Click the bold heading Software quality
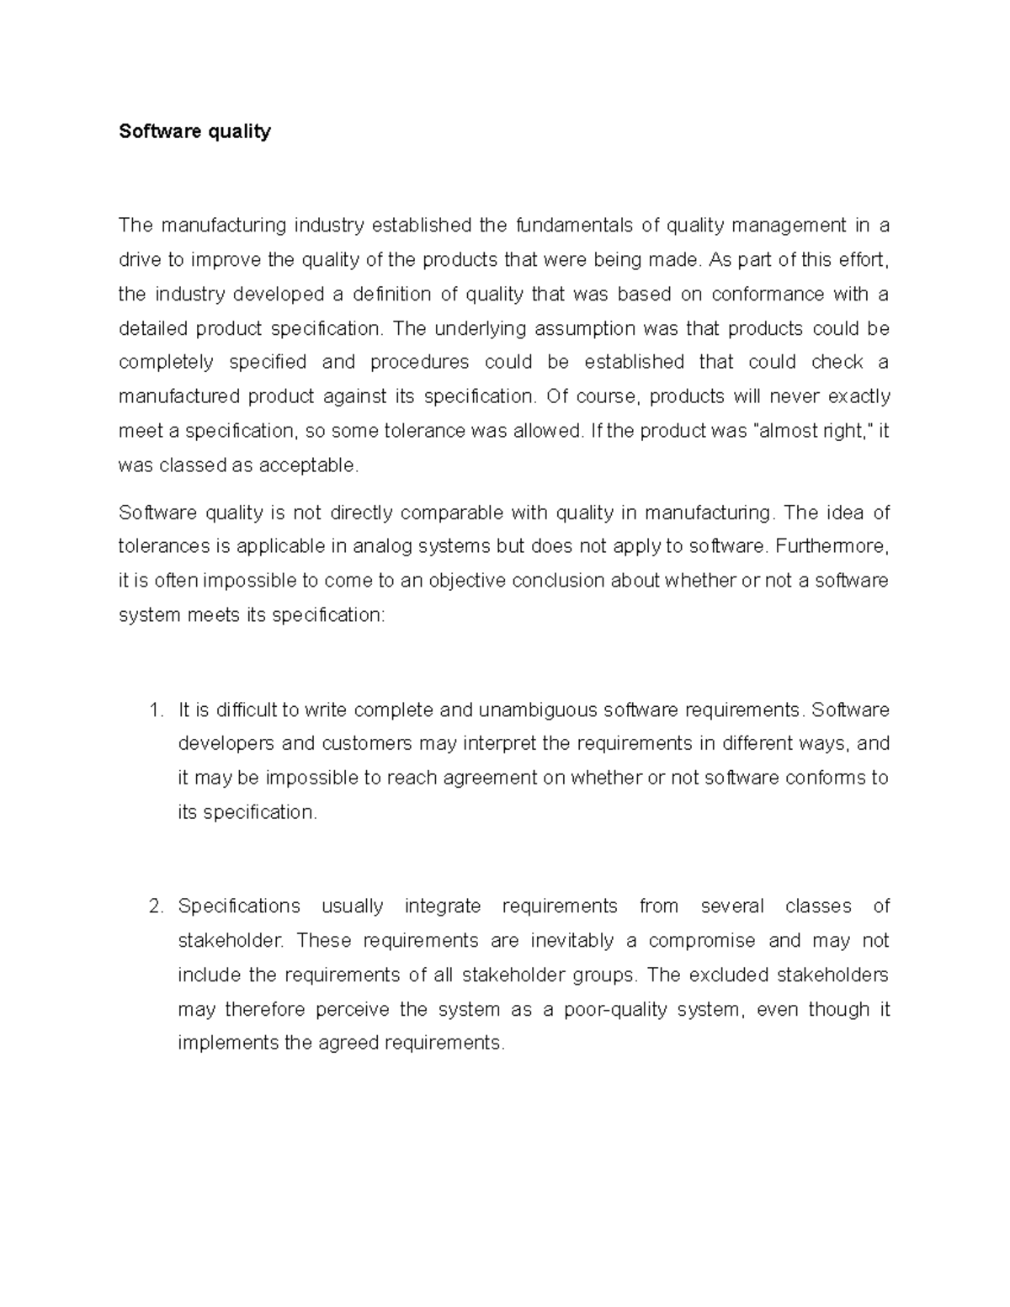coord(194,131)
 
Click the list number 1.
coord(155,709)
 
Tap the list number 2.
coord(155,906)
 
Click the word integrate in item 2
coord(443,906)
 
